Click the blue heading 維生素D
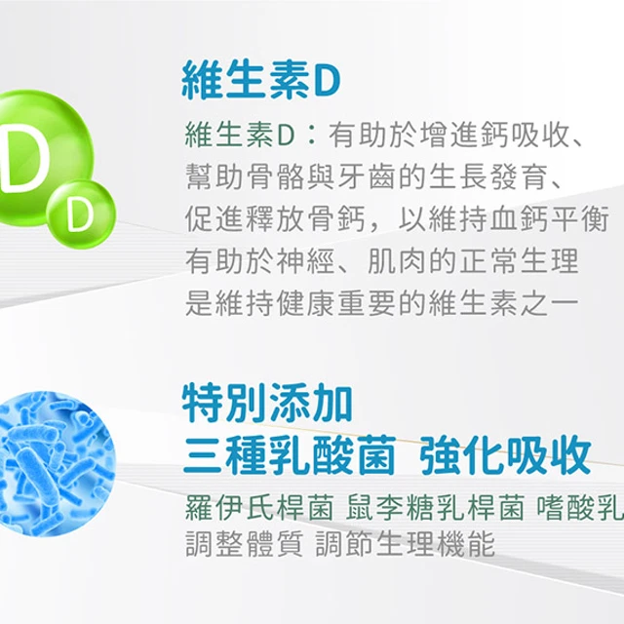[x=261, y=80]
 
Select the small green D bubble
[x=81, y=214]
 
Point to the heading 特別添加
[x=267, y=403]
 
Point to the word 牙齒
[x=368, y=177]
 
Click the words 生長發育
[x=489, y=177]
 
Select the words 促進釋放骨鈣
[x=275, y=219]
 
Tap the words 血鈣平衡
[x=550, y=219]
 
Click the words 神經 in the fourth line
[x=305, y=261]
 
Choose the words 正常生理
[x=520, y=261]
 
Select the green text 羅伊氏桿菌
[x=259, y=508]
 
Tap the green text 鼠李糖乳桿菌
[x=435, y=508]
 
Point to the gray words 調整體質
[x=245, y=544]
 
